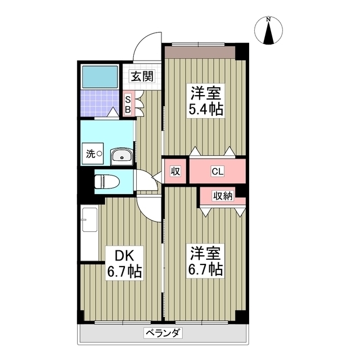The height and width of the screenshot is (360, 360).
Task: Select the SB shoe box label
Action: (128, 103)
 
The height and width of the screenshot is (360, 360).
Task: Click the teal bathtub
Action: (100, 76)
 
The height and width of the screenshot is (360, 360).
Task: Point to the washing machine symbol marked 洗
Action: (93, 153)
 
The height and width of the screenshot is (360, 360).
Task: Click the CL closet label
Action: (217, 171)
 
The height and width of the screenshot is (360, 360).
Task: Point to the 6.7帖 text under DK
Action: (124, 271)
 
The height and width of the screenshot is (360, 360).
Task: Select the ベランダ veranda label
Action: (163, 332)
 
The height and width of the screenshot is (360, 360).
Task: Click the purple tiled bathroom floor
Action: (99, 103)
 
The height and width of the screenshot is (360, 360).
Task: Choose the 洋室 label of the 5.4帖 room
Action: (206, 92)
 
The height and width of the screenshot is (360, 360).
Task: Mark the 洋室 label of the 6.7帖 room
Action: (206, 251)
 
